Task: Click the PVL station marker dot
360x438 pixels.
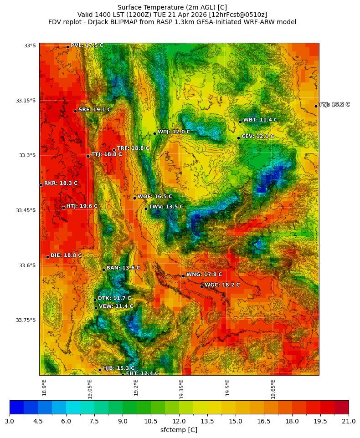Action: tap(67, 47)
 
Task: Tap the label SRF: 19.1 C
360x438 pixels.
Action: tap(94, 110)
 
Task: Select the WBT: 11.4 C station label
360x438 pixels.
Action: tap(260, 120)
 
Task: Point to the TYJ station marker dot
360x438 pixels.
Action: tap(316, 106)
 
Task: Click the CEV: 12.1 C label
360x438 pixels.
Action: tap(257, 136)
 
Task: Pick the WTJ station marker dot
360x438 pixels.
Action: tap(154, 133)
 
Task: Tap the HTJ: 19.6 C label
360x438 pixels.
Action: tap(82, 206)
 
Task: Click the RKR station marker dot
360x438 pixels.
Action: tap(41, 185)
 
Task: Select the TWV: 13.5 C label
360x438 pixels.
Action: tap(166, 207)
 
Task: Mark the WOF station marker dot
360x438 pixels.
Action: tap(134, 198)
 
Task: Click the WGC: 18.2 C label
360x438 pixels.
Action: tap(222, 285)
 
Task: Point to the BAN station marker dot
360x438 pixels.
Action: tap(103, 270)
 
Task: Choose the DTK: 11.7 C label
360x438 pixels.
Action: tap(114, 298)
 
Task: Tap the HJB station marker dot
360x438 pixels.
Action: tap(100, 370)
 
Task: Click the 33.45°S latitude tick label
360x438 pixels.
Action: tap(26, 210)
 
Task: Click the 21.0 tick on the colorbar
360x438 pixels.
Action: tap(349, 421)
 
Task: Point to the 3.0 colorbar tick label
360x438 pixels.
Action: tap(10, 421)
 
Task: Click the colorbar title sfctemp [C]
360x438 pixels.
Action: tap(179, 430)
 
